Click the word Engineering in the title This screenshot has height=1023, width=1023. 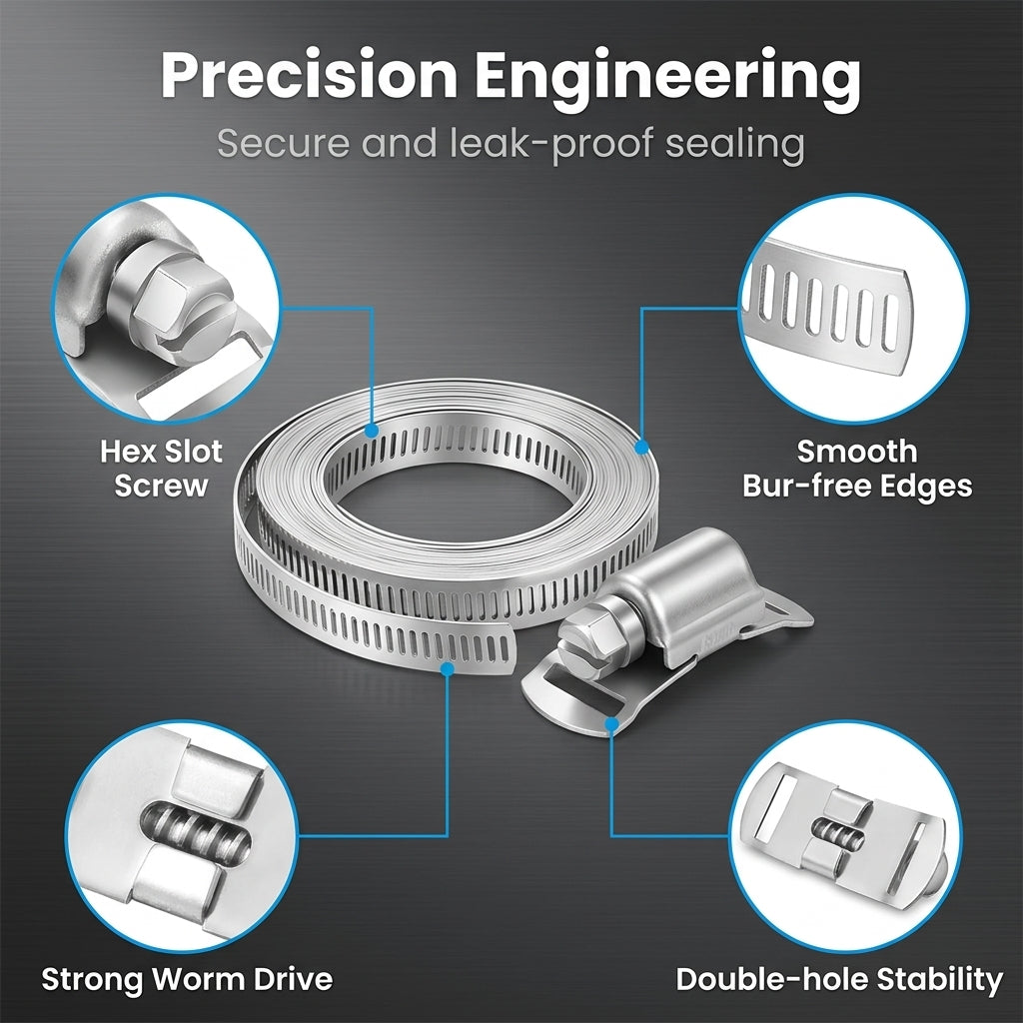667,80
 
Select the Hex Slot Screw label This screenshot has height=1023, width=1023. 161,469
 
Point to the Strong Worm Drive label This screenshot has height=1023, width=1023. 187,979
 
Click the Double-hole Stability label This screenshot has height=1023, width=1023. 839,980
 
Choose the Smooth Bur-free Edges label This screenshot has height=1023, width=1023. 857,470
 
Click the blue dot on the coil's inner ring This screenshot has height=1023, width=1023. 372,431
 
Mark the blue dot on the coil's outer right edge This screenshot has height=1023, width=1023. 642,448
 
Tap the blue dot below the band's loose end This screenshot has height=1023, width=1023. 448,668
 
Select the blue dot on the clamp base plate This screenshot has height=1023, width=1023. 611,724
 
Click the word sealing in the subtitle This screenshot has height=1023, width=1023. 734,144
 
